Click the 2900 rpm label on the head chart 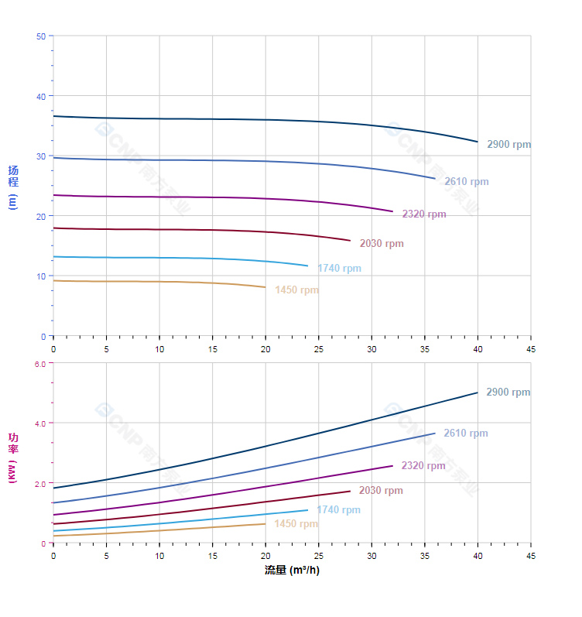(508, 145)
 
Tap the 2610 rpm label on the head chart (466, 182)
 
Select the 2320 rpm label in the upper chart (423, 214)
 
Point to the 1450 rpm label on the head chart (296, 290)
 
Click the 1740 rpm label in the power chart (338, 510)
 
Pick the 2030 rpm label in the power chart (381, 491)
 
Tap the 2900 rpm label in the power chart (508, 392)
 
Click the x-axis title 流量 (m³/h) (292, 571)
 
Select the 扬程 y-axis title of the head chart (13, 187)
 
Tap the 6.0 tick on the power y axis (39, 363)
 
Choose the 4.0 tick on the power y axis (39, 423)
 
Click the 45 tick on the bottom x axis (530, 556)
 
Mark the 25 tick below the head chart (318, 349)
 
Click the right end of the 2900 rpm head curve (478, 142)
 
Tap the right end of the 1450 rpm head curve (265, 287)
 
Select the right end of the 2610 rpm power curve (435, 434)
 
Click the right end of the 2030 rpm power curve (350, 491)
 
